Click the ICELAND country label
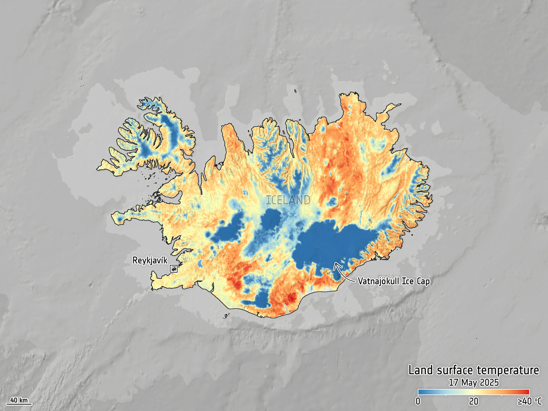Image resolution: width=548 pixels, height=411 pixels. click(x=288, y=200)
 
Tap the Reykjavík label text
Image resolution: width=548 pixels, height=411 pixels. click(x=150, y=260)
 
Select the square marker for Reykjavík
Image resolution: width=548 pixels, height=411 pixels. click(x=174, y=269)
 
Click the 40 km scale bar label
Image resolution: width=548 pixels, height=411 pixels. click(x=19, y=400)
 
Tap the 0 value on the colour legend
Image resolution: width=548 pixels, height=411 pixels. click(x=418, y=401)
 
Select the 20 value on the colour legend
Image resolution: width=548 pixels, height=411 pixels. click(x=474, y=401)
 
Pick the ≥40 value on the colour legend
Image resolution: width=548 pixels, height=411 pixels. click(x=525, y=401)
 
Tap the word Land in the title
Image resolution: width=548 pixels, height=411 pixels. click(x=421, y=370)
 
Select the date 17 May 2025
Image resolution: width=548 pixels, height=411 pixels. click(x=474, y=382)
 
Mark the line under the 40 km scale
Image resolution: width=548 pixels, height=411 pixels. click(x=19, y=404)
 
